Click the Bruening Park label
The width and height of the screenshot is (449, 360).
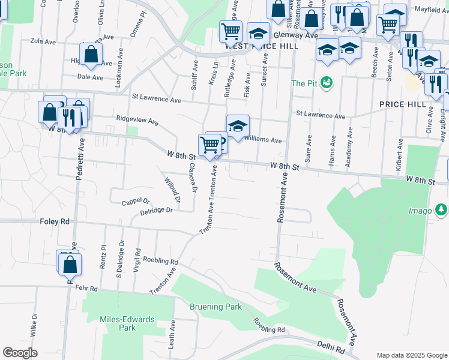[x=215, y=307]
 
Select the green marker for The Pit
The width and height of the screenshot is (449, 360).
[x=327, y=82]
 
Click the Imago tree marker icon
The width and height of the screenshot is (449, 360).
[x=441, y=209]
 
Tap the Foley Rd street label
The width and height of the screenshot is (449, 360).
[x=55, y=221]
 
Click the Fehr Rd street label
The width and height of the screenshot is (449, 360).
[x=87, y=289]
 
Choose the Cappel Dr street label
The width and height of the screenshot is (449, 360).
[x=135, y=202]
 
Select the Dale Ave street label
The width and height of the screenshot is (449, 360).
[x=91, y=77]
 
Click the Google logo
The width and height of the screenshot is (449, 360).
[x=20, y=352]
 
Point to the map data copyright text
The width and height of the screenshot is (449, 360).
[x=411, y=355]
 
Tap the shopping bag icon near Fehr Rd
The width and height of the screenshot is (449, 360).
[x=70, y=264]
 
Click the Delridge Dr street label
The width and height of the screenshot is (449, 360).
[x=157, y=210]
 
